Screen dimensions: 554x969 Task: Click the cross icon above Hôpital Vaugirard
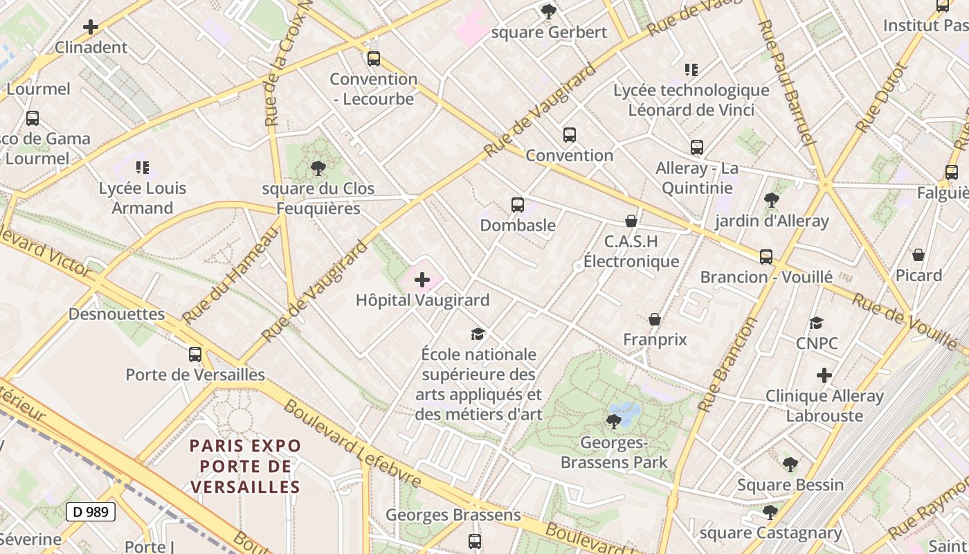422,280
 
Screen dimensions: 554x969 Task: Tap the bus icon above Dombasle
518,205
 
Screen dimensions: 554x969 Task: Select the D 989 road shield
90,512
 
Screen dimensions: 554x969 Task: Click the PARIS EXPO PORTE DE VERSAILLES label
246,465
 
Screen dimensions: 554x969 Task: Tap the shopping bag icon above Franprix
654,319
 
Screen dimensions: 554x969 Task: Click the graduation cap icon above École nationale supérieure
478,334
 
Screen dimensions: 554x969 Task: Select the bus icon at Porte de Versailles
195,355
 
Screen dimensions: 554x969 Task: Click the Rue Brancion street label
727,364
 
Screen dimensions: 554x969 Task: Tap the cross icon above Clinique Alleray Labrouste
824,375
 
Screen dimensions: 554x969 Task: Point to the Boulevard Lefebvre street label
352,443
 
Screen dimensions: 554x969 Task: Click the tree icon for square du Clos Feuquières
318,168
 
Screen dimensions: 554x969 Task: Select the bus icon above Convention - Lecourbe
374,59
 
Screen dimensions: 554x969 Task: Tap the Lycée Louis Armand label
143,197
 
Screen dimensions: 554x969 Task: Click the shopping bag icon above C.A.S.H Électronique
631,221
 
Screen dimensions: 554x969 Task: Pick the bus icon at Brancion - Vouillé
766,257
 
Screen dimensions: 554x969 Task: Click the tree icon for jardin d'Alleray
771,200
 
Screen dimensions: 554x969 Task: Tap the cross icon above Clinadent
91,28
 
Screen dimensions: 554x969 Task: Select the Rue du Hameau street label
230,274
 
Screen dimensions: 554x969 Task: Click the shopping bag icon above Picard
918,255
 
